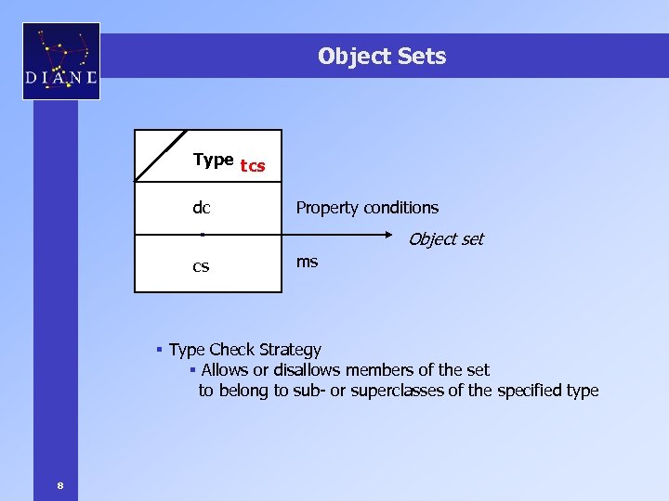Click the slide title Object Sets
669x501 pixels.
tap(382, 57)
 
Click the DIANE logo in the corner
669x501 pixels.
tap(60, 61)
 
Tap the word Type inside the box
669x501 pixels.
tap(213, 161)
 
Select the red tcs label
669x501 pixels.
tap(253, 166)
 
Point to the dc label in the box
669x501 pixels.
tap(201, 208)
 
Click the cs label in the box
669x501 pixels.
tap(201, 266)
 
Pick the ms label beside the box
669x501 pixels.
tap(307, 262)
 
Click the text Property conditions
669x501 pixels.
tap(367, 208)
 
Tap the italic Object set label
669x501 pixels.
tap(446, 239)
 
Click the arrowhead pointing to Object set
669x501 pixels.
tap(400, 236)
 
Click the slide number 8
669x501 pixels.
tap(59, 484)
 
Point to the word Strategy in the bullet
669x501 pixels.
tap(290, 350)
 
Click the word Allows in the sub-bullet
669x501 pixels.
tap(225, 370)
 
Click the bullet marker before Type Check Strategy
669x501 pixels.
tap(160, 350)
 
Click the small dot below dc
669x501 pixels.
tap(202, 235)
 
